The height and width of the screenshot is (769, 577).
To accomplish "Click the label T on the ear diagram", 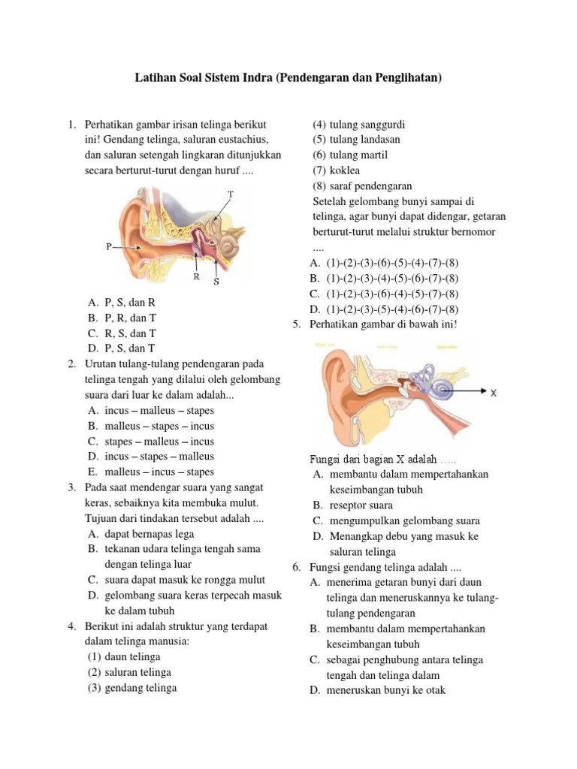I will tap(231, 194).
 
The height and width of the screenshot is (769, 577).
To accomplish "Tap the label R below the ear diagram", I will tap(196, 276).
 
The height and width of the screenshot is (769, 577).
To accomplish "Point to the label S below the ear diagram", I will tap(216, 282).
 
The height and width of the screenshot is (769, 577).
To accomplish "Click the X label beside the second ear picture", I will tap(493, 393).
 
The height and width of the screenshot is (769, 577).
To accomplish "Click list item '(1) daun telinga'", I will tap(124, 656).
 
